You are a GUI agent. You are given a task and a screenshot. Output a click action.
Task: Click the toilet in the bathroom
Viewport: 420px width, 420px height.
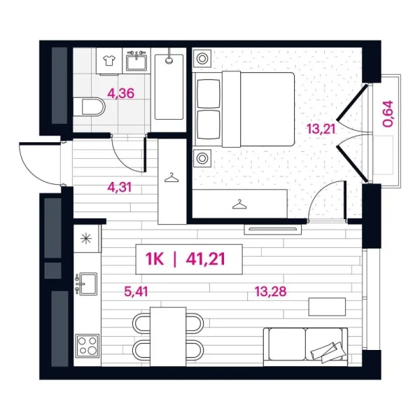click(x=91, y=107)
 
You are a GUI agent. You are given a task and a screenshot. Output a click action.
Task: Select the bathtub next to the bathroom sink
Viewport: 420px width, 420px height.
click(x=169, y=85)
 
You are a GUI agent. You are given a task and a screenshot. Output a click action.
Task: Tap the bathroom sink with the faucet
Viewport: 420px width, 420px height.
click(x=136, y=62)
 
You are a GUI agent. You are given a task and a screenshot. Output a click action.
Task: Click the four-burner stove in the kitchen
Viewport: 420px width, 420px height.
click(x=87, y=345)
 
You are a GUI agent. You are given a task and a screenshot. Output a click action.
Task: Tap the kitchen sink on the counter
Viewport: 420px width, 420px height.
click(x=87, y=284)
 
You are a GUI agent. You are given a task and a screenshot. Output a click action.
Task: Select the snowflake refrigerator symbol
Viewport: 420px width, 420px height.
click(x=87, y=237)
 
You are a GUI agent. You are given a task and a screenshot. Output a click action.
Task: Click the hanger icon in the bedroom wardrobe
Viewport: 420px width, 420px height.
click(x=240, y=204)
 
